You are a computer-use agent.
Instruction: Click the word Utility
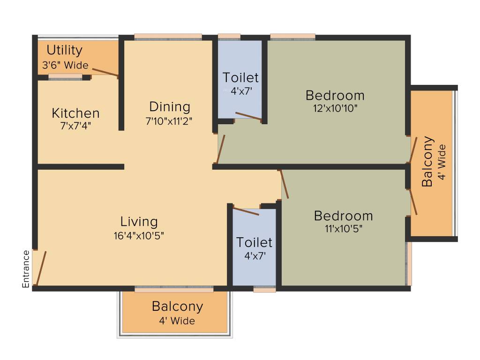65,50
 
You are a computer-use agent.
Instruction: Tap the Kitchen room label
75,113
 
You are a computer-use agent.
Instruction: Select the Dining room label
170,107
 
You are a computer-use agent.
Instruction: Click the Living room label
139,222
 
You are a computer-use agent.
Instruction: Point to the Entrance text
26,269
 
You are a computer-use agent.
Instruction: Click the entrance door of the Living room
41,268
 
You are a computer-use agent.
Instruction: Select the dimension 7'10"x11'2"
169,120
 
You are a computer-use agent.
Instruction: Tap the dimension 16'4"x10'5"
139,235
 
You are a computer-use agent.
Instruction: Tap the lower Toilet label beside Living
254,243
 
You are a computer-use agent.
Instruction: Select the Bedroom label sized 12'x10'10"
335,96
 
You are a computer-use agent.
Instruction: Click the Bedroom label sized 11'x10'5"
343,216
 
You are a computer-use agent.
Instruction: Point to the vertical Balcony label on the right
427,162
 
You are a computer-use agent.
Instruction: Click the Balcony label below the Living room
177,307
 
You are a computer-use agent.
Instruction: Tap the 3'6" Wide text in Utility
65,65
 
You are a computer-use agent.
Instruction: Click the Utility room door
105,71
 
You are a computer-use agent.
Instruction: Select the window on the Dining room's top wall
168,37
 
